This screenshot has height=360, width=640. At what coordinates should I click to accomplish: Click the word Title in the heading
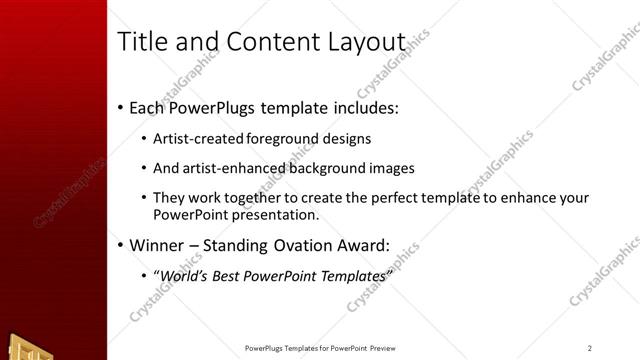point(142,42)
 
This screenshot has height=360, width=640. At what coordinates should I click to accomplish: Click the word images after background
point(393,168)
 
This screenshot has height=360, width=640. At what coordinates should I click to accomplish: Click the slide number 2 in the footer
point(590,348)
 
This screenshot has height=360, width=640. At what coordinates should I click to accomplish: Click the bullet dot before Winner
point(121,245)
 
